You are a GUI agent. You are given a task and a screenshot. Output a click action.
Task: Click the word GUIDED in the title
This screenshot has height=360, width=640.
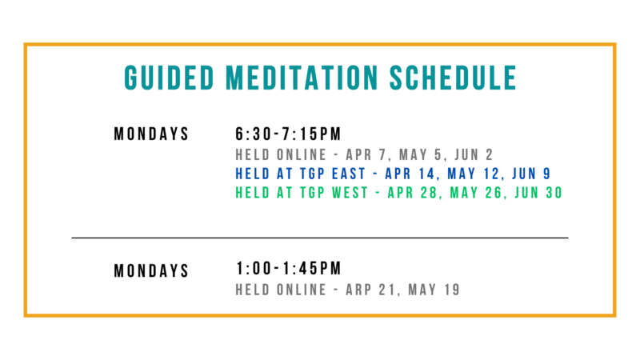click(x=169, y=78)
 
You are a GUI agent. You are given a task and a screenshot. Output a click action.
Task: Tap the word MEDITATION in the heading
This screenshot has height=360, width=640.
click(x=302, y=78)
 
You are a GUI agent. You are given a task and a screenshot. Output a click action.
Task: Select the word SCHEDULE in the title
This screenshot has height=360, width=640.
click(x=453, y=78)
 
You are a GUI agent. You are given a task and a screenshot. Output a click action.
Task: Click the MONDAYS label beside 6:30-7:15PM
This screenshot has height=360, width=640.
click(x=151, y=134)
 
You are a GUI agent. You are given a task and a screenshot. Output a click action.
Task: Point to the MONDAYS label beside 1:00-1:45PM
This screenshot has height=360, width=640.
click(x=151, y=270)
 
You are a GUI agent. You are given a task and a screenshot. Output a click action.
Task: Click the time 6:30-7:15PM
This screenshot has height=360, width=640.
click(x=288, y=134)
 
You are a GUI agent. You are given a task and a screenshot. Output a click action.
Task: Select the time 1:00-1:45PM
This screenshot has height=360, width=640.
click(x=289, y=269)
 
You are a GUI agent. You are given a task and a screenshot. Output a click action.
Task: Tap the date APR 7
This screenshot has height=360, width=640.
click(x=366, y=154)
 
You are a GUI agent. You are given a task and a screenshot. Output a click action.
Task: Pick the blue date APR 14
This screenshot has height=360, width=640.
click(x=410, y=174)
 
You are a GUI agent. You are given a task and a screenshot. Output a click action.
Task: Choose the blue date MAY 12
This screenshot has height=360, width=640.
click(x=474, y=174)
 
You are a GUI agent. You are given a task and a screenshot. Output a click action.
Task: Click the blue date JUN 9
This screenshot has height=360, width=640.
click(x=531, y=174)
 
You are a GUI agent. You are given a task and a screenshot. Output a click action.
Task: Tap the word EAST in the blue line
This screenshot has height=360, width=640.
click(x=349, y=174)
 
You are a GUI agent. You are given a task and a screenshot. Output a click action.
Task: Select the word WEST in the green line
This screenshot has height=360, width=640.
click(x=350, y=193)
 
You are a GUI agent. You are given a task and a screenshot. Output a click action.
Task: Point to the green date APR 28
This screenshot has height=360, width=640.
click(x=413, y=193)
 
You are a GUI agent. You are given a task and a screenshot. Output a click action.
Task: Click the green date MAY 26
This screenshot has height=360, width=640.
click(x=476, y=193)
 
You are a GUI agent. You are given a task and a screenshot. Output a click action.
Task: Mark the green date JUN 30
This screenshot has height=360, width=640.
click(x=538, y=193)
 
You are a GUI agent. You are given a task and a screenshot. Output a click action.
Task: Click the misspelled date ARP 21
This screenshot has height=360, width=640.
click(x=370, y=290)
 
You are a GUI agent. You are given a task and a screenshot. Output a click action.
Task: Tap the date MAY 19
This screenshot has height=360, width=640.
click(x=434, y=290)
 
